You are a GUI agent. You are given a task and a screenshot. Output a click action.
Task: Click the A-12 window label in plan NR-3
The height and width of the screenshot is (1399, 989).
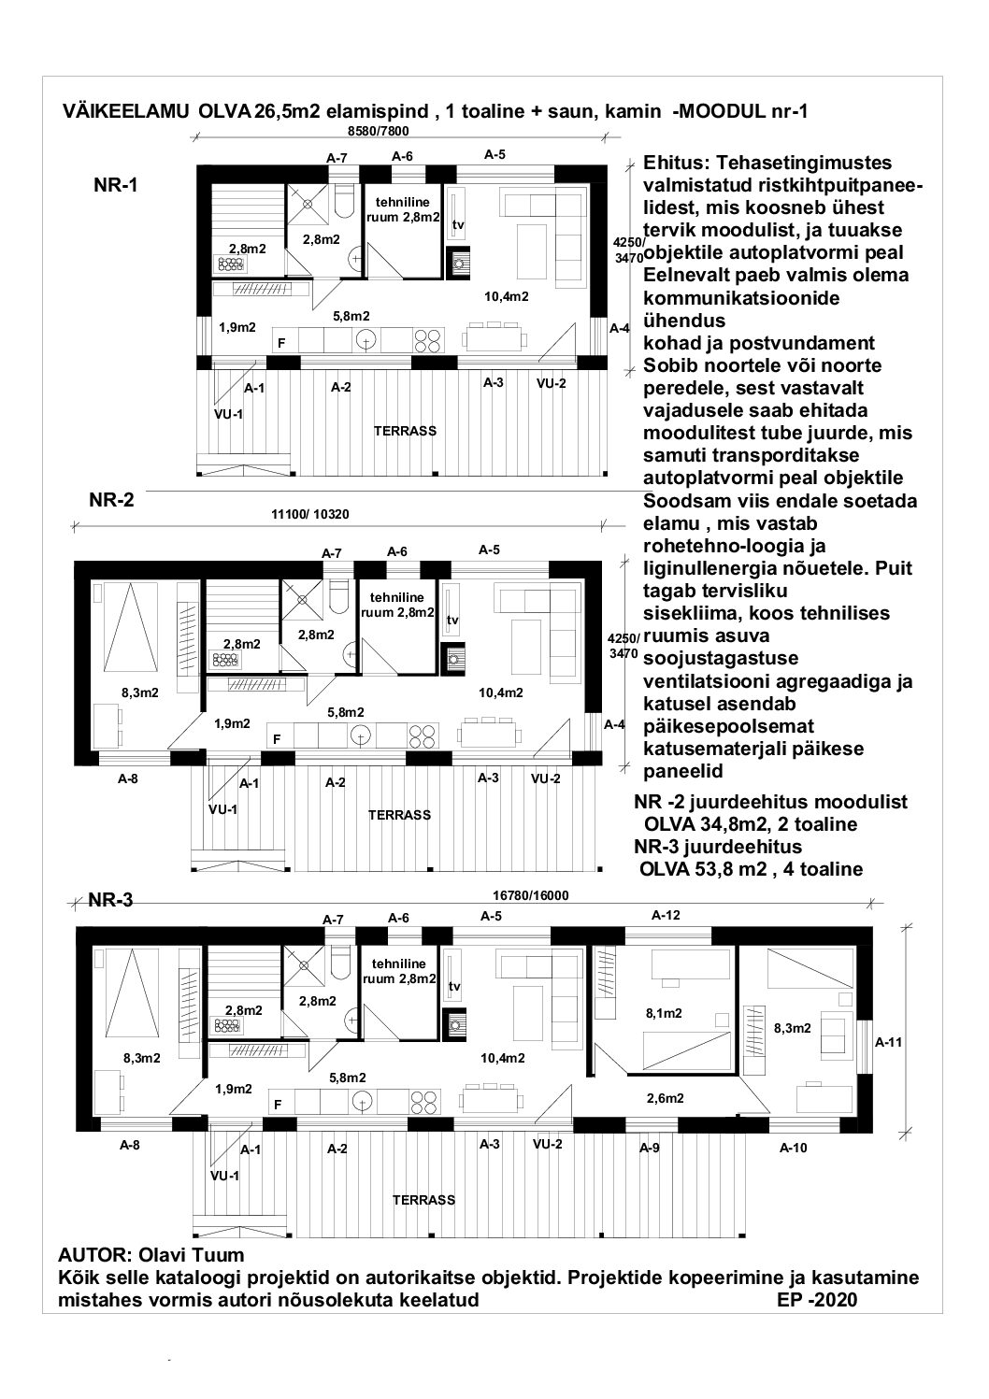pyautogui.click(x=666, y=915)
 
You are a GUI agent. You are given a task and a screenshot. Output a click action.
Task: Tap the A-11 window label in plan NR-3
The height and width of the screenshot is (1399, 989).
pyautogui.click(x=888, y=1042)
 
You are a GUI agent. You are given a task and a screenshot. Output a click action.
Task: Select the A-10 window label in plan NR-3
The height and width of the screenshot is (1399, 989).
pyautogui.click(x=793, y=1148)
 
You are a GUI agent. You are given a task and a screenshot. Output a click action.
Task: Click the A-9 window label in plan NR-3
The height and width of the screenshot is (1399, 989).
pyautogui.click(x=649, y=1148)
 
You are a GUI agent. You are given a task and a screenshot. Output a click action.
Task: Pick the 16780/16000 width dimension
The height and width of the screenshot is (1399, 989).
pyautogui.click(x=530, y=895)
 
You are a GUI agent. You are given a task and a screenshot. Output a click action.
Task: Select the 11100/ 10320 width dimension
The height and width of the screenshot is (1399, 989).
pyautogui.click(x=310, y=515)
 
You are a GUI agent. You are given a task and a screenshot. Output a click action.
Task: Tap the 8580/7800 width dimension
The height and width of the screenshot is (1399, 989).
pyautogui.click(x=378, y=131)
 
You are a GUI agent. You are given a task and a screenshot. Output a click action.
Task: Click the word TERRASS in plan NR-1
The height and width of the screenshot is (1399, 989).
pyautogui.click(x=405, y=431)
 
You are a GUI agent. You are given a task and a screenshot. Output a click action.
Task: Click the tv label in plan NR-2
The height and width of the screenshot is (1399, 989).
pyautogui.click(x=453, y=621)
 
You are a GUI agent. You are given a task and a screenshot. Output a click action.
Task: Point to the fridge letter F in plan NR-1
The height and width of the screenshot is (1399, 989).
pyautogui.click(x=281, y=343)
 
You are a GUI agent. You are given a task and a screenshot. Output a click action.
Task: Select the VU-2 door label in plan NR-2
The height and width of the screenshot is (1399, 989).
pyautogui.click(x=545, y=778)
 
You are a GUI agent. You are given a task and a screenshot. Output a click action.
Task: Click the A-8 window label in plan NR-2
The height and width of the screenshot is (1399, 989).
pyautogui.click(x=128, y=778)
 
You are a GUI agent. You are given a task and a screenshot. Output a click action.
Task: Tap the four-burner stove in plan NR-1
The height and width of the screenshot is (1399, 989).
pyautogui.click(x=427, y=340)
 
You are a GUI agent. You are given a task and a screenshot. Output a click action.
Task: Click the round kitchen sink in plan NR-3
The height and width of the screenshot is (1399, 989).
pyautogui.click(x=362, y=1103)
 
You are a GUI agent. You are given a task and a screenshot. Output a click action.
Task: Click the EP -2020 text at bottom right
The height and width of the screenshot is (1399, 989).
pyautogui.click(x=817, y=1294)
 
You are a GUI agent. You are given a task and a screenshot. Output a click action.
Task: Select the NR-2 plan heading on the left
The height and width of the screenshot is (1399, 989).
pyautogui.click(x=112, y=500)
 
